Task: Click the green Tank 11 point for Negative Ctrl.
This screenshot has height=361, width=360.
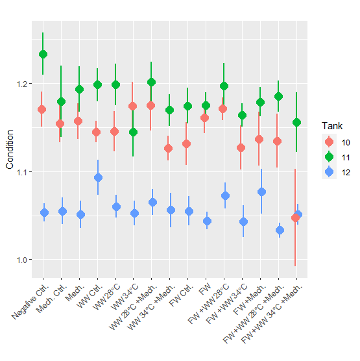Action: (43, 54)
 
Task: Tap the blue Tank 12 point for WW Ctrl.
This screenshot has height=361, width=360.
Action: (97, 177)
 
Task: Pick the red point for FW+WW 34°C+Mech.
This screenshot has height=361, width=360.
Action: (295, 218)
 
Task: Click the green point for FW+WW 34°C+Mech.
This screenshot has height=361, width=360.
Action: (296, 122)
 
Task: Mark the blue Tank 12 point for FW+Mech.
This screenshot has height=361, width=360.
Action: (261, 192)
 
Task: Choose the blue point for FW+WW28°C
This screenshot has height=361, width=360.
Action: (225, 195)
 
